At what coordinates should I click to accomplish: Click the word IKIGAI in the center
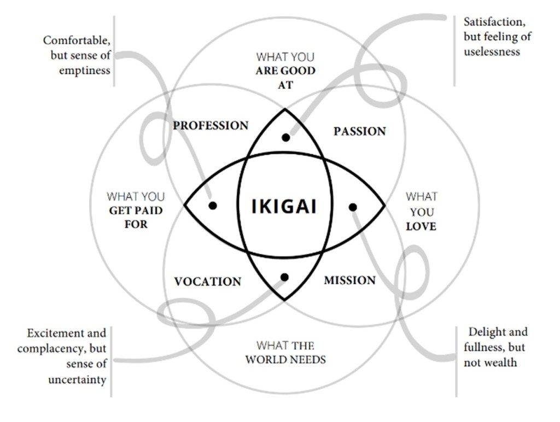[x=284, y=207]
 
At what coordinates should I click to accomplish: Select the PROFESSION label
[x=211, y=126]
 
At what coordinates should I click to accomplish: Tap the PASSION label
[x=359, y=131]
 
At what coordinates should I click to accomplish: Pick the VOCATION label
[x=207, y=282]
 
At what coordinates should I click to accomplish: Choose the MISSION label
[x=349, y=280]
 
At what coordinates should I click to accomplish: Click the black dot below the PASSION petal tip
[x=285, y=137]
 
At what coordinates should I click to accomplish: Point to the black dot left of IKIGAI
[x=213, y=206]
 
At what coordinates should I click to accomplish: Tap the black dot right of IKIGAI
[x=353, y=207]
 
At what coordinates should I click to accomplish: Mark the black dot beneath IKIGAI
[x=284, y=277]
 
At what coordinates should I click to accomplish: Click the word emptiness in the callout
[x=86, y=70]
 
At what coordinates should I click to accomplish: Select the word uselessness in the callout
[x=492, y=52]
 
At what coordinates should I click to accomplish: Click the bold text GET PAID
[x=136, y=210]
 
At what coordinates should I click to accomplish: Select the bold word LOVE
[x=421, y=226]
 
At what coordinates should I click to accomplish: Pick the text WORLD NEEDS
[x=285, y=360]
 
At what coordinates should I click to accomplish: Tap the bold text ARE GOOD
[x=285, y=71]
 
